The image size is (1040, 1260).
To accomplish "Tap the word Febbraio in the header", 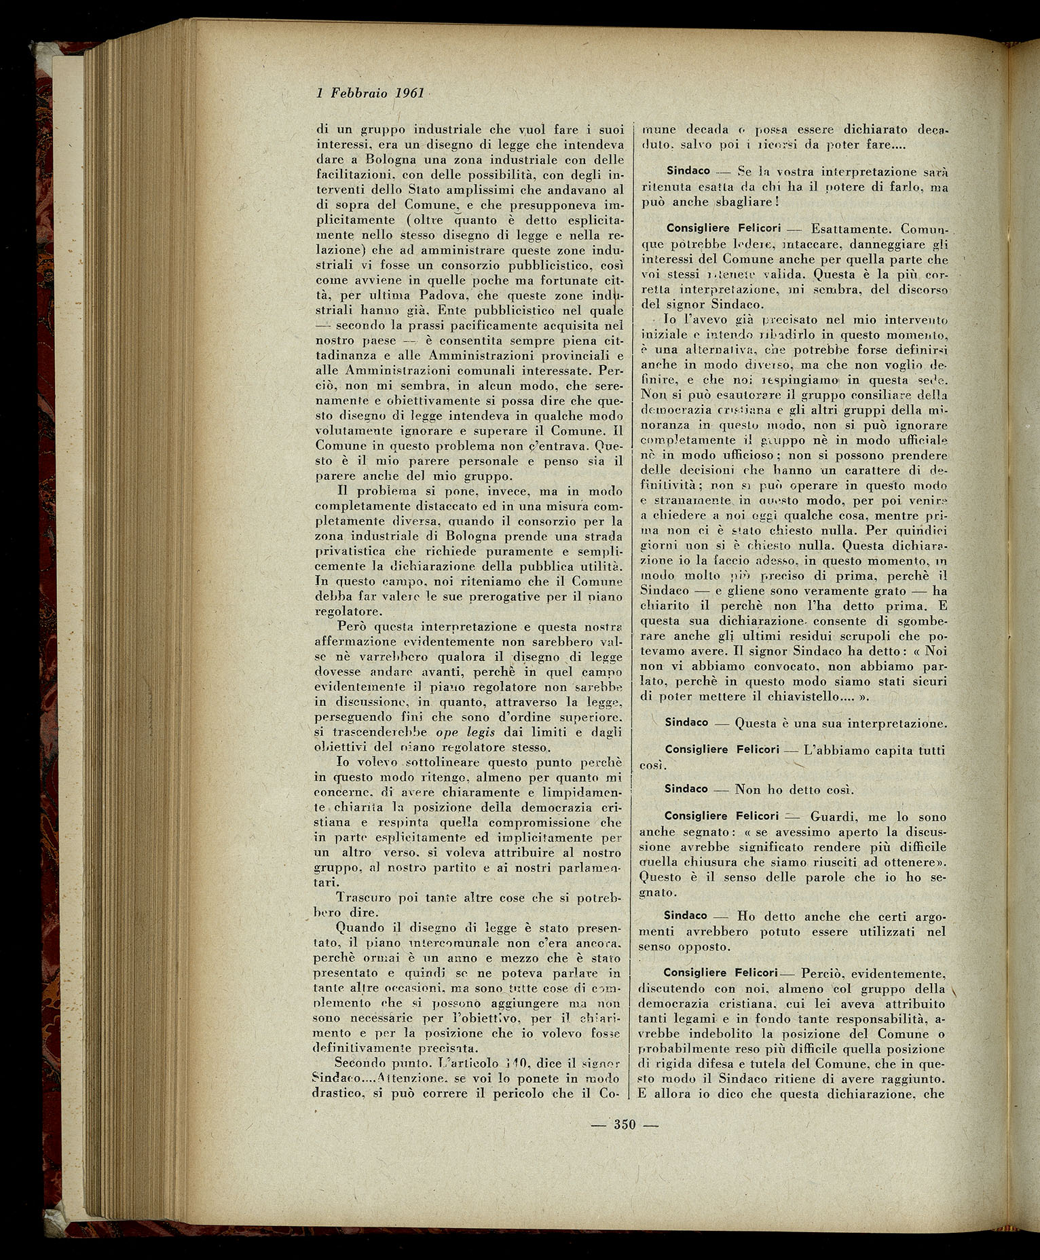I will click(358, 92).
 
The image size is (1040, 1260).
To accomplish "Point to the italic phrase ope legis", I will click(465, 731).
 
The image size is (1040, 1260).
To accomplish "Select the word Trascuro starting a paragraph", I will click(367, 897).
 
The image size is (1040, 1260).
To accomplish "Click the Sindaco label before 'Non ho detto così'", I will click(686, 789).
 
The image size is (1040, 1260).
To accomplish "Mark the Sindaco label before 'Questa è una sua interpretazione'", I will click(686, 722).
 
